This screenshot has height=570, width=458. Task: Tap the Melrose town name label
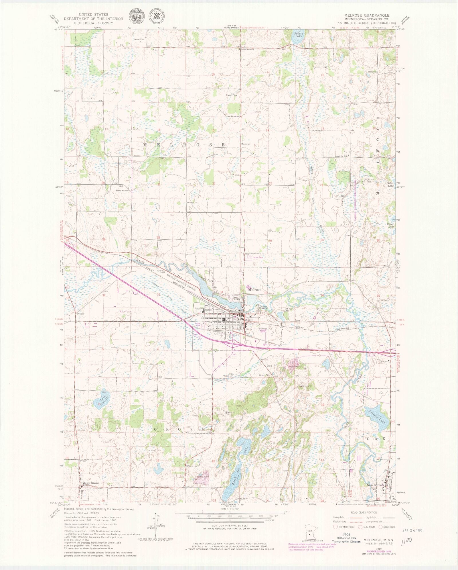pyautogui.click(x=254, y=290)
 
